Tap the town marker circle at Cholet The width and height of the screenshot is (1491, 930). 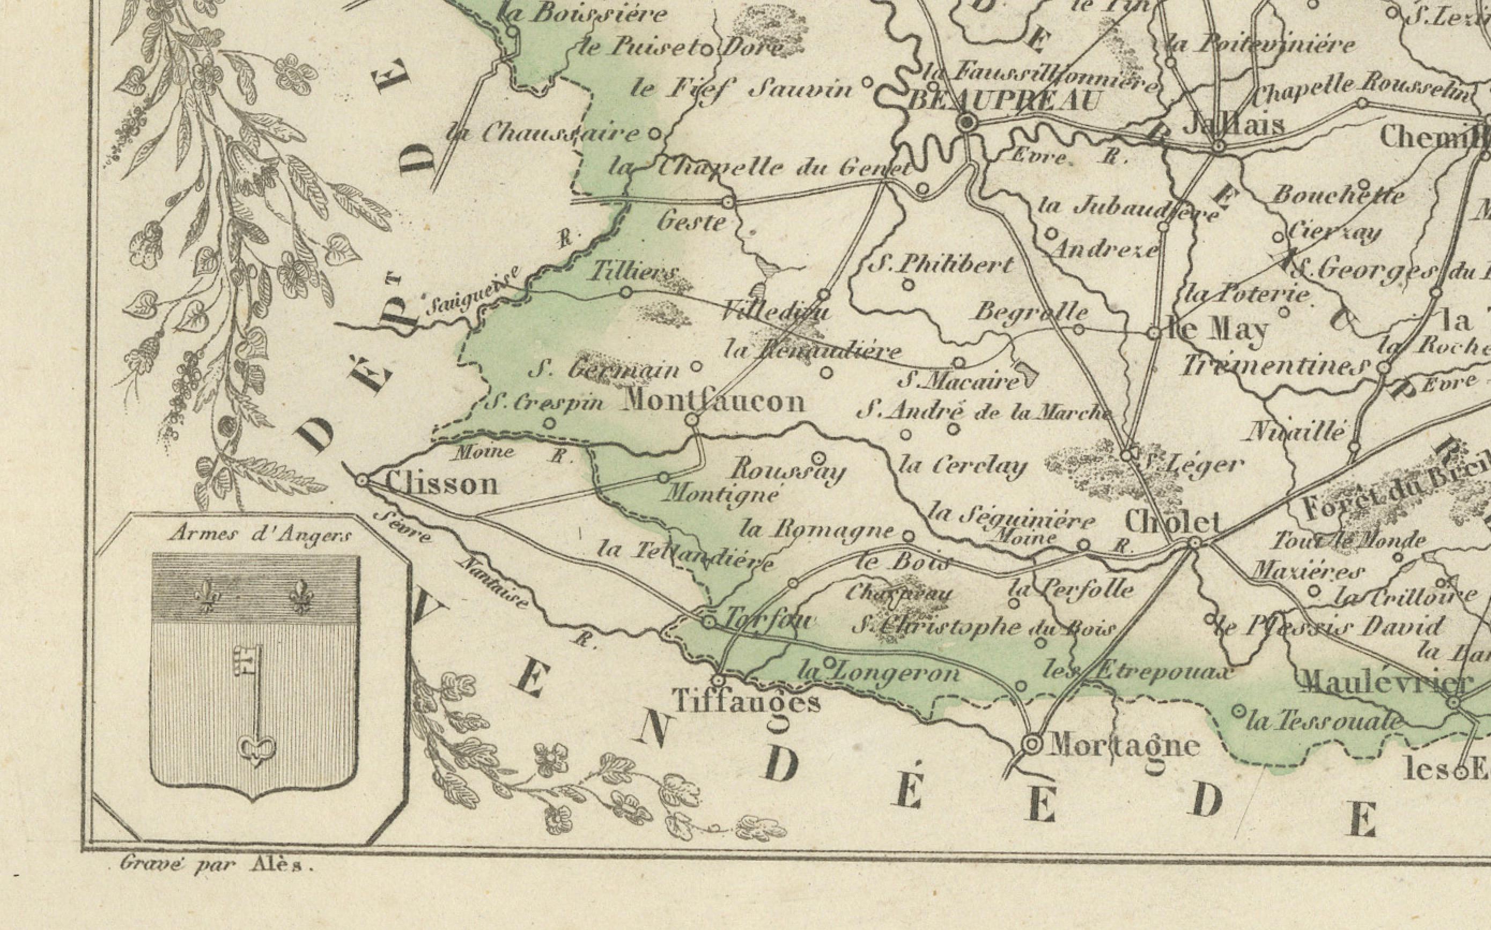(1194, 543)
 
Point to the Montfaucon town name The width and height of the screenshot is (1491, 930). (713, 402)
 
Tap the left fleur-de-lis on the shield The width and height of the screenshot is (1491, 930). (205, 596)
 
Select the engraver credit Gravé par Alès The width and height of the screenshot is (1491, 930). (217, 865)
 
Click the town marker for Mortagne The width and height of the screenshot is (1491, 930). (1032, 745)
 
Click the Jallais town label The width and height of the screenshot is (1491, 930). (1232, 124)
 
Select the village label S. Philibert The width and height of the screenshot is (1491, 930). (941, 265)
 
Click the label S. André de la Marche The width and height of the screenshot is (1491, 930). (984, 411)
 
